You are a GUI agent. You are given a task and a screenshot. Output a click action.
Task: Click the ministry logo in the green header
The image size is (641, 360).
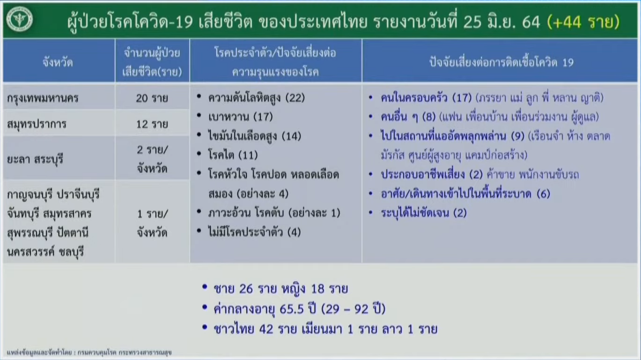point(20,19)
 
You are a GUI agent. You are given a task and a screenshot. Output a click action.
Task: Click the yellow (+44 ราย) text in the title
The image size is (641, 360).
point(583,22)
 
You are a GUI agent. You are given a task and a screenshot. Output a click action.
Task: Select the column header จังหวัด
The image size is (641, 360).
point(58,62)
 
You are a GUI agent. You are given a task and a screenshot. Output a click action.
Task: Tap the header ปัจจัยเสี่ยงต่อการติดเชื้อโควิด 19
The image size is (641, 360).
point(501,62)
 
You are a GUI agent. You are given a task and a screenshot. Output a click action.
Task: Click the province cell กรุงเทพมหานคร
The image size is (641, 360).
point(43,98)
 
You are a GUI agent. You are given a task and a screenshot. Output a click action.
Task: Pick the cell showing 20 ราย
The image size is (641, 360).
point(152,98)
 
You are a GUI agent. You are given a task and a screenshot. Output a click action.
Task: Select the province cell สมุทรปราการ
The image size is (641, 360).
point(37,124)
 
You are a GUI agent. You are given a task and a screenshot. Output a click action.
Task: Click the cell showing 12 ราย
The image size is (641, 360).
point(152,124)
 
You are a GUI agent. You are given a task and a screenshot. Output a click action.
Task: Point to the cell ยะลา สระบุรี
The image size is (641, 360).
point(35,159)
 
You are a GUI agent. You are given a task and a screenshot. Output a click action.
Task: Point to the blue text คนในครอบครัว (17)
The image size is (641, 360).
point(426,98)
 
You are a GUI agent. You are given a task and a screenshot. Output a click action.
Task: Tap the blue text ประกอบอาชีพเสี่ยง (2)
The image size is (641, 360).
point(432,174)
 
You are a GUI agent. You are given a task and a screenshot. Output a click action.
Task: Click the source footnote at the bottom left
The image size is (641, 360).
point(89,352)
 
